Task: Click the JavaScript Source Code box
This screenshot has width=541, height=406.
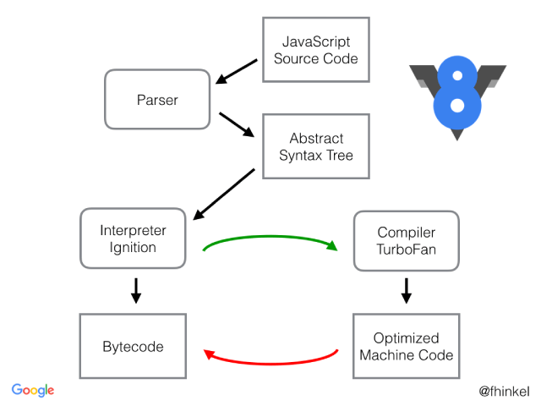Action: (x=316, y=50)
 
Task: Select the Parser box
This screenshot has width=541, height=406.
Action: (x=157, y=100)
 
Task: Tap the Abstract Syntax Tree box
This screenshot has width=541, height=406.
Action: (x=316, y=146)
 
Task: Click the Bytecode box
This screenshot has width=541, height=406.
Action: (x=134, y=346)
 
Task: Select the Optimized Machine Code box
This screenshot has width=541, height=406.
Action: (x=406, y=346)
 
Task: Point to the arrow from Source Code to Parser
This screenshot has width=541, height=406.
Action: (x=236, y=72)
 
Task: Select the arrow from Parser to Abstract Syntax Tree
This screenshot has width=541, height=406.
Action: (x=236, y=123)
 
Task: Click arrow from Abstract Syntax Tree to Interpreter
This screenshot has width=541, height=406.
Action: (x=224, y=193)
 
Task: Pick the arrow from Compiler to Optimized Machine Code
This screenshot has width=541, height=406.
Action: (x=406, y=290)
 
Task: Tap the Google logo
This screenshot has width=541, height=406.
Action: (x=33, y=390)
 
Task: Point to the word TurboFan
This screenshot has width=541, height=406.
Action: (x=406, y=249)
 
